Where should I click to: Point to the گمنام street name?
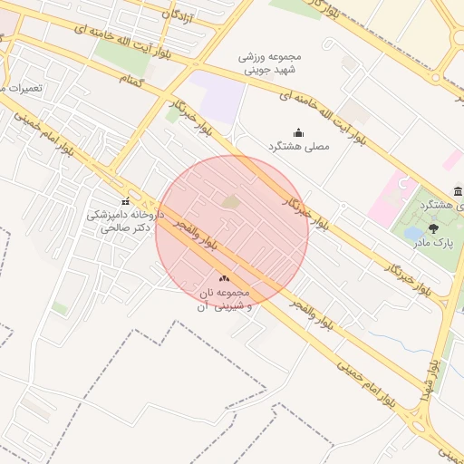[133, 80]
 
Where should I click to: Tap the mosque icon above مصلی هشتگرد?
[298, 132]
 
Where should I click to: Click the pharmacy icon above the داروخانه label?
[125, 201]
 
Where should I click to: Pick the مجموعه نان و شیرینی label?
[224, 301]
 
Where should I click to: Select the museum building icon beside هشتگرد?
[459, 191]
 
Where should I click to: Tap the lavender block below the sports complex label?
[217, 98]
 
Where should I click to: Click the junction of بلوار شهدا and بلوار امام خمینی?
[419, 422]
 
